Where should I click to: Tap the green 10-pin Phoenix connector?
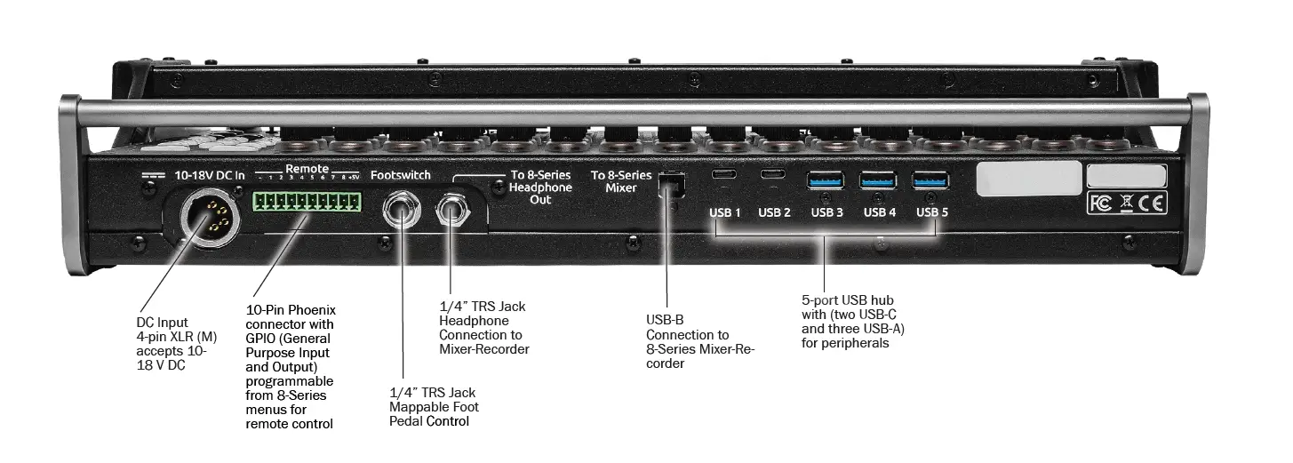[308, 200]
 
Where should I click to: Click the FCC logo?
[1100, 204]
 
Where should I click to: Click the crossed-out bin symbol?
[1127, 204]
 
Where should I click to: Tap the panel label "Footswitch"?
[401, 175]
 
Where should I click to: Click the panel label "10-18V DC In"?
[209, 176]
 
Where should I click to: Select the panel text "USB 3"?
[827, 212]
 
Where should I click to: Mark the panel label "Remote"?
[307, 169]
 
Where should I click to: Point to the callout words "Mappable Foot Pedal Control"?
[434, 413]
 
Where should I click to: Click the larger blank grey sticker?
[1028, 178]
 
